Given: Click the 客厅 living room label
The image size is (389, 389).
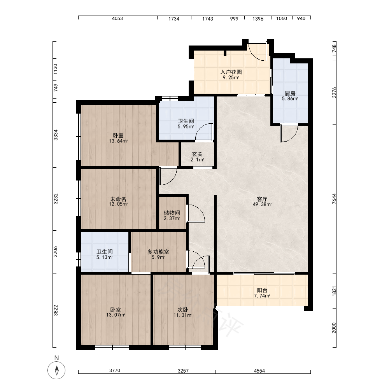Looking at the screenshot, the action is click(x=262, y=199).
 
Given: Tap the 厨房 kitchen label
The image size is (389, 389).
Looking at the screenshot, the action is click(x=290, y=93).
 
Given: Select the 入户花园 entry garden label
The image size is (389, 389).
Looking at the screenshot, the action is click(x=231, y=72).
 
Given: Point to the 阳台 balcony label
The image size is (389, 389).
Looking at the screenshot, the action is click(x=262, y=290).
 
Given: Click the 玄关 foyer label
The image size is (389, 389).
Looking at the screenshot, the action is click(x=197, y=154).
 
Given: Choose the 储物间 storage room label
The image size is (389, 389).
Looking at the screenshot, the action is click(x=172, y=213).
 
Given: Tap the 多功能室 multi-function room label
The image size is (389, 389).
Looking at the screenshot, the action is click(x=158, y=252).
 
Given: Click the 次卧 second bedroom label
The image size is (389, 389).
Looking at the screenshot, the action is click(x=183, y=310).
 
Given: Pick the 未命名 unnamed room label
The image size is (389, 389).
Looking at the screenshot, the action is click(x=118, y=199).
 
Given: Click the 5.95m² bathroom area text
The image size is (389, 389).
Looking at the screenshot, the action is click(x=186, y=126).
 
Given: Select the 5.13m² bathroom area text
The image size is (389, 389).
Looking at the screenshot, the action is click(x=104, y=257).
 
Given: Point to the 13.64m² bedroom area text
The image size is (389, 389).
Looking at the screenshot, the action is click(x=118, y=141).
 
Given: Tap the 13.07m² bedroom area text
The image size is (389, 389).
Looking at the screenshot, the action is click(x=116, y=315).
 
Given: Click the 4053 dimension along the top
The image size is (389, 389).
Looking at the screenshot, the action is click(x=117, y=19).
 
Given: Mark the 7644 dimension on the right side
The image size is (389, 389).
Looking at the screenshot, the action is click(x=334, y=199).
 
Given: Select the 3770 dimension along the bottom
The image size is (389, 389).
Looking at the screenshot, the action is click(x=115, y=371).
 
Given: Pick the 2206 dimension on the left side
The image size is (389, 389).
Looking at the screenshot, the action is click(x=55, y=252).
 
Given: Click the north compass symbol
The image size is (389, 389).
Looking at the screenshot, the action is click(x=56, y=370).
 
